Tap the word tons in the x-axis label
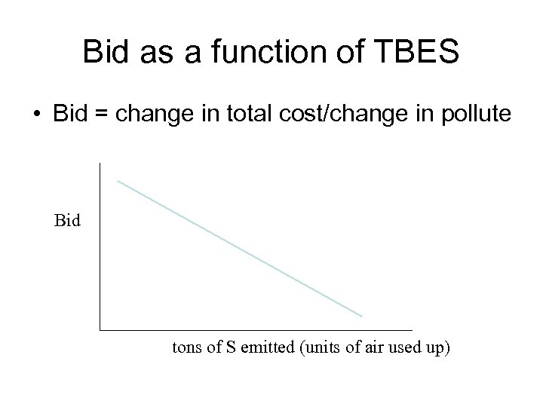tap(186, 350)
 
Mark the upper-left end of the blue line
tap(118, 180)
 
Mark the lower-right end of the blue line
tap(362, 316)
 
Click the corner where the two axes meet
tap(99, 329)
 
